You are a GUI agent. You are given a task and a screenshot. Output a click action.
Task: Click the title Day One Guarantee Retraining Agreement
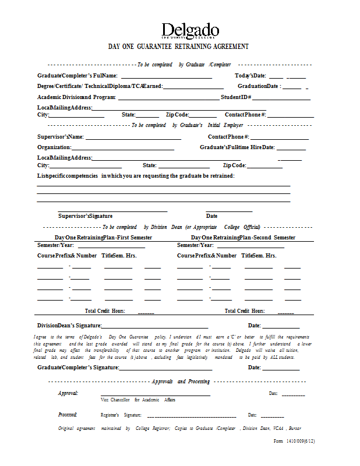click(179, 47)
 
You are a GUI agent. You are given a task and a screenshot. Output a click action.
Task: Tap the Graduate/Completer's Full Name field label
click(77, 76)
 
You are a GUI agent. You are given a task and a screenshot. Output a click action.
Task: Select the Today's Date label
click(250, 76)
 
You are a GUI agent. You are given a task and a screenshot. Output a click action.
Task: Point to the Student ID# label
click(236, 97)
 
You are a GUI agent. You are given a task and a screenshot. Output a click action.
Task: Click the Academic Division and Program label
click(77, 97)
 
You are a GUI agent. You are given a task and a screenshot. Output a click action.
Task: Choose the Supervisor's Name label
click(61, 137)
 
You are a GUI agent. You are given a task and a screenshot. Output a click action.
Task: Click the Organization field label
click(54, 147)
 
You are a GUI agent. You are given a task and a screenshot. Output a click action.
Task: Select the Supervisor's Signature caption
click(85, 216)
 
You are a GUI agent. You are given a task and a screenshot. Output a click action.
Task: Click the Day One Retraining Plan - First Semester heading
click(104, 238)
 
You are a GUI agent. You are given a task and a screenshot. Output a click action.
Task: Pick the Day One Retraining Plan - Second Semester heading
click(243, 238)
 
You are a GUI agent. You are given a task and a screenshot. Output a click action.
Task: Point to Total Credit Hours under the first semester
click(105, 311)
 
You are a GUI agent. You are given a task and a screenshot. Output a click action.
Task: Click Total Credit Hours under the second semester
click(245, 311)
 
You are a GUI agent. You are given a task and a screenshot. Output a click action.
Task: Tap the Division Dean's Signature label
click(69, 326)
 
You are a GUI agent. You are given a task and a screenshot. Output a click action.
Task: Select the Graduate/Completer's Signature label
click(78, 368)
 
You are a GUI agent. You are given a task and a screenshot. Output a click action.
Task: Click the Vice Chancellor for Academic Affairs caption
click(137, 400)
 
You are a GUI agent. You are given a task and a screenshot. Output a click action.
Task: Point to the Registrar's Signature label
click(121, 415)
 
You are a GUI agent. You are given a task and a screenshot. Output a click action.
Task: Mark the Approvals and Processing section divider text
click(181, 381)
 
